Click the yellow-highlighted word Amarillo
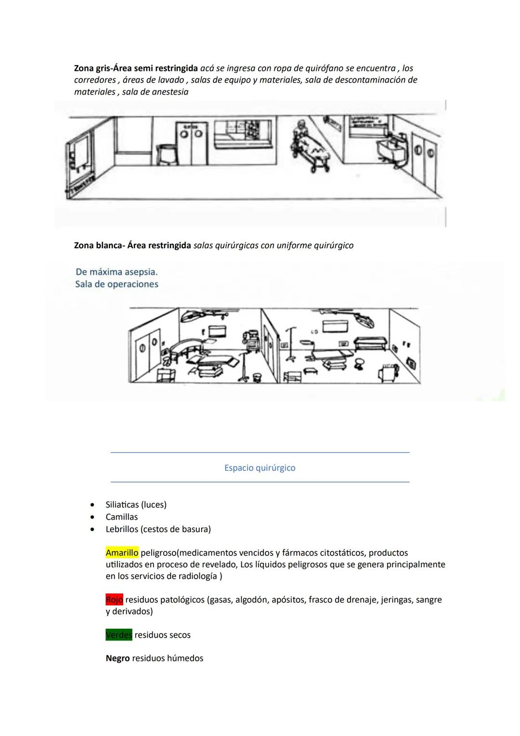tap(122, 553)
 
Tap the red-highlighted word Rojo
tap(114, 600)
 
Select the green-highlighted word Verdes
tap(119, 635)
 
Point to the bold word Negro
tap(117, 658)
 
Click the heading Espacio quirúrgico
tap(260, 468)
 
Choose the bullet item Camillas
tap(121, 517)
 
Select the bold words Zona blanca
tap(97, 245)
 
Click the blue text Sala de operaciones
tap(117, 284)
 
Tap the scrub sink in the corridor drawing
tap(392, 149)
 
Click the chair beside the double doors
tap(167, 155)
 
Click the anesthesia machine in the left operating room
tap(251, 342)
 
